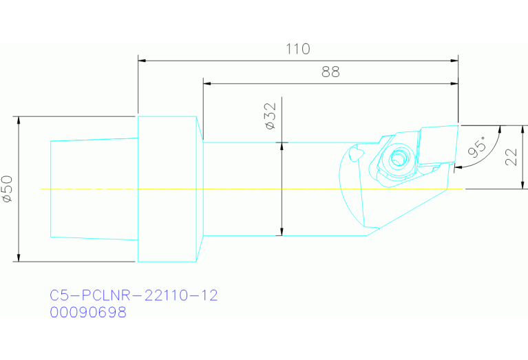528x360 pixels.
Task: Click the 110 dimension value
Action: pos(297,49)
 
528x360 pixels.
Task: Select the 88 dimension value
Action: pos(330,72)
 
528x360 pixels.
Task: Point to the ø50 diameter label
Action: pos(8,188)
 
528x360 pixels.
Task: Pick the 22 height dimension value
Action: pos(511,156)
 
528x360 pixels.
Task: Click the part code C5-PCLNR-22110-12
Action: pos(134,295)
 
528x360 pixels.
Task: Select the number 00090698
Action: pos(88,312)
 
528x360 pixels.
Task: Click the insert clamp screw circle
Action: pos(398,160)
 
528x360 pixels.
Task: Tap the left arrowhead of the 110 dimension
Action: pos(142,60)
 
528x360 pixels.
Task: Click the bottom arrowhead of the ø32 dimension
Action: pos(281,232)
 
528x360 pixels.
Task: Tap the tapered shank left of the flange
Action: pos(94,189)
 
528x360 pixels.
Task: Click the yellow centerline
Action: pos(275,188)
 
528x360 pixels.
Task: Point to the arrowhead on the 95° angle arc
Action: pos(459,166)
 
